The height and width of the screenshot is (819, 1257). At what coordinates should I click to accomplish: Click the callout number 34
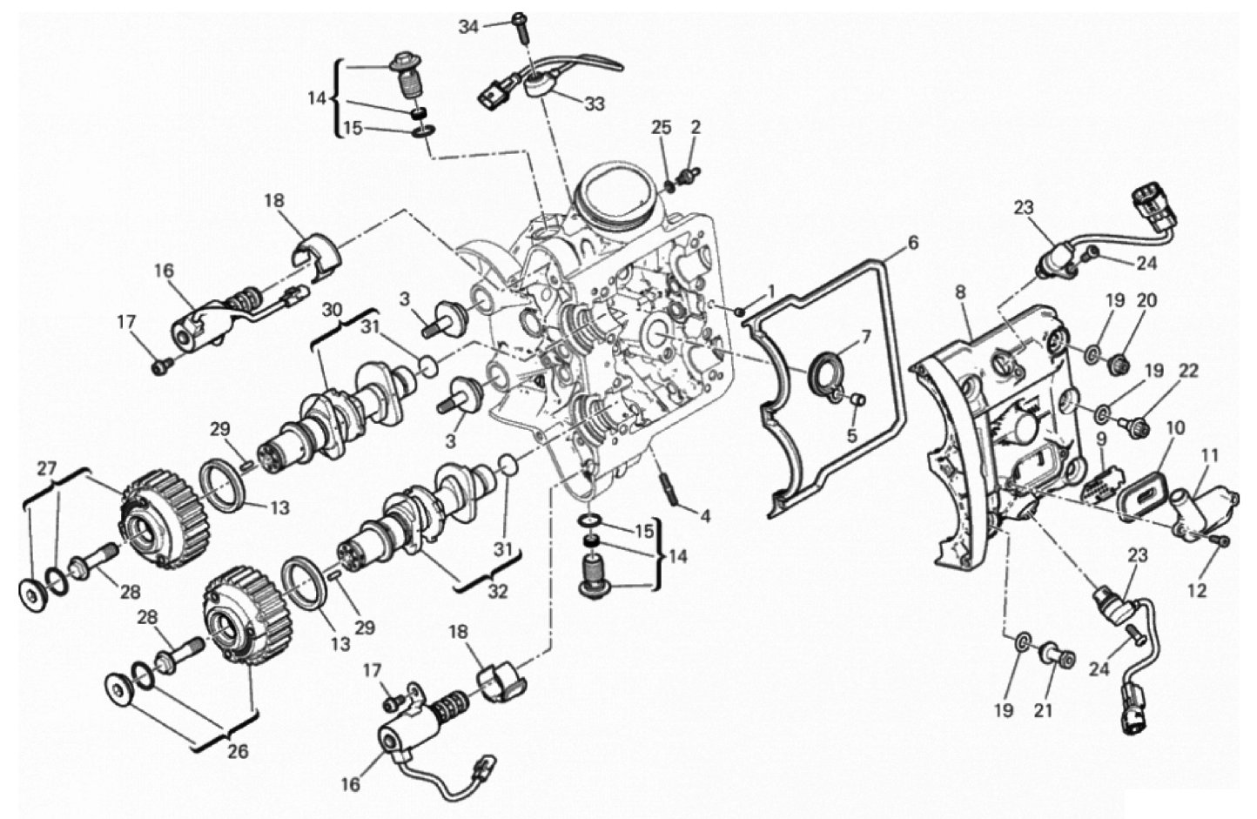[x=468, y=26]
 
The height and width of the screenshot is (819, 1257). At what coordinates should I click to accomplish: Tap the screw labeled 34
[x=521, y=27]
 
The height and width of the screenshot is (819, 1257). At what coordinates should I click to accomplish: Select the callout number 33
[x=595, y=104]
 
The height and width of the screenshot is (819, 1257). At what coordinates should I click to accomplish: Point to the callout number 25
[x=661, y=128]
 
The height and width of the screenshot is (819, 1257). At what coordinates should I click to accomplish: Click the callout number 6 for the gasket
[x=913, y=243]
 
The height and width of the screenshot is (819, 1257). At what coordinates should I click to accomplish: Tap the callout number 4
[x=705, y=516]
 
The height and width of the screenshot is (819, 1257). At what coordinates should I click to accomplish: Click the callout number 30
[x=333, y=310]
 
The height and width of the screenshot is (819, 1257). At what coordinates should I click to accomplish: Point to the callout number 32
[x=498, y=591]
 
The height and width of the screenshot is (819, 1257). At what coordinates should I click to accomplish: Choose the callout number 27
[x=48, y=453]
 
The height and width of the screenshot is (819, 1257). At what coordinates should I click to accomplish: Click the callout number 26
[x=238, y=751]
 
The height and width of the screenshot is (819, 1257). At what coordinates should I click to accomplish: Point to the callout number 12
[x=1197, y=591]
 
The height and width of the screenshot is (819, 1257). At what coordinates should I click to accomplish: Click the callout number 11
[x=1210, y=455]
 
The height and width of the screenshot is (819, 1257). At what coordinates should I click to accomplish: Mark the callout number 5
[x=852, y=436]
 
